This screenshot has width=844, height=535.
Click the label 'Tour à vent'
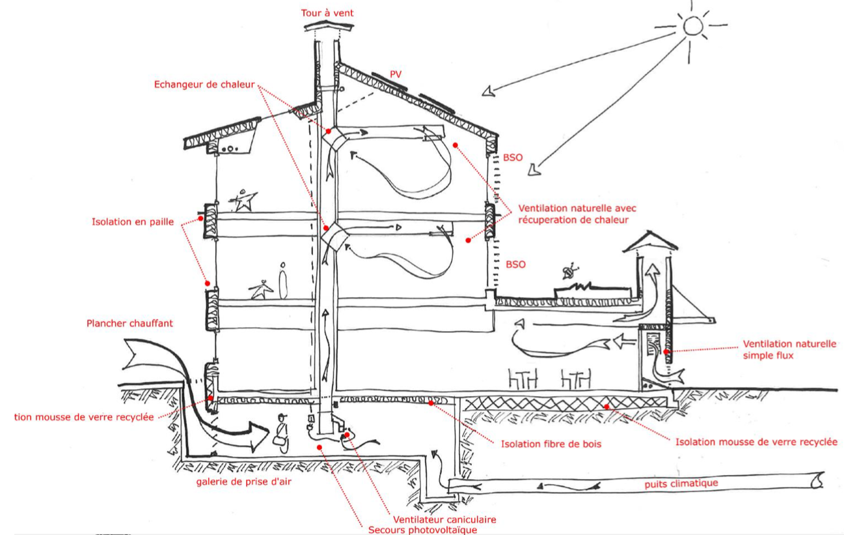pyautogui.click(x=327, y=13)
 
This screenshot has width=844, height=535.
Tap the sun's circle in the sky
pyautogui.click(x=692, y=25)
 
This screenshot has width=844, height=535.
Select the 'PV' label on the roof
pyautogui.click(x=396, y=74)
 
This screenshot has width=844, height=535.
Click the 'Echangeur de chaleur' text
pyautogui.click(x=204, y=85)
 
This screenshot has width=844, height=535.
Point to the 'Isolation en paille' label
pyautogui.click(x=133, y=222)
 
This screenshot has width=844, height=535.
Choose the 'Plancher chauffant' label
pyautogui.click(x=129, y=323)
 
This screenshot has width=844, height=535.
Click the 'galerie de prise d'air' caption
pyautogui.click(x=244, y=482)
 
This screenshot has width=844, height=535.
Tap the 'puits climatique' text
pyautogui.click(x=681, y=484)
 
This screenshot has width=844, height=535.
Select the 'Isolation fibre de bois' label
pyautogui.click(x=551, y=444)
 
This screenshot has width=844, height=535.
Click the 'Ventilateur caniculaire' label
pyautogui.click(x=444, y=519)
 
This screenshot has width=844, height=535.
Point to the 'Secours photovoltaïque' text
pyautogui.click(x=422, y=530)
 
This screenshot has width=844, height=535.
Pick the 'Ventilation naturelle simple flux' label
pyautogui.click(x=789, y=350)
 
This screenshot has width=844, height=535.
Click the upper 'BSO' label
pyautogui.click(x=513, y=157)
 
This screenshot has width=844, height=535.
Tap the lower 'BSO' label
pyautogui.click(x=515, y=265)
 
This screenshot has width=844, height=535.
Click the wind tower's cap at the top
pyautogui.click(x=329, y=27)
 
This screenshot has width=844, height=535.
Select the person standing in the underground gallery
pyautogui.click(x=282, y=434)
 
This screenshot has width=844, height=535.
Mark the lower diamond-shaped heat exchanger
pyautogui.click(x=335, y=237)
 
